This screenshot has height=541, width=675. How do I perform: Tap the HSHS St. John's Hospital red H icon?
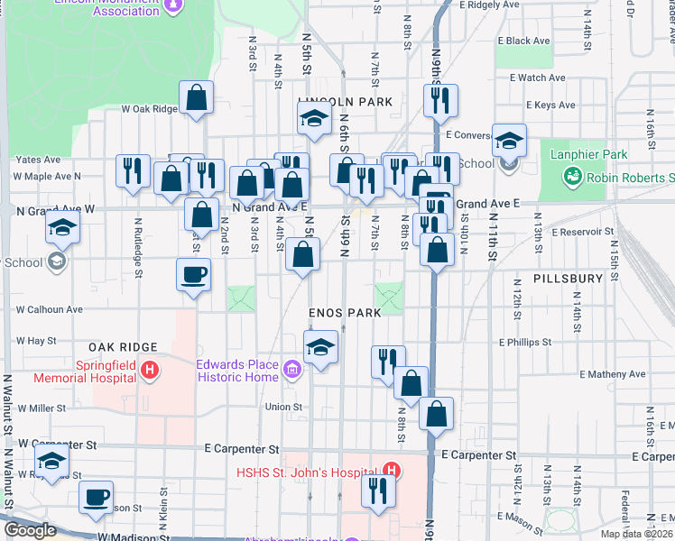(x=391, y=471)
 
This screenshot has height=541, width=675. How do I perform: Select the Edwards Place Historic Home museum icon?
(x=291, y=369)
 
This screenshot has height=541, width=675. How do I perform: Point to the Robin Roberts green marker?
(x=571, y=179)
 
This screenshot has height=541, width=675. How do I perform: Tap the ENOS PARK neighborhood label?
(x=345, y=311)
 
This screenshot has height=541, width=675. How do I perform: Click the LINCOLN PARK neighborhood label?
(x=346, y=102)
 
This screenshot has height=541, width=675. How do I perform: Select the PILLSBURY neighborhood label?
(x=567, y=279)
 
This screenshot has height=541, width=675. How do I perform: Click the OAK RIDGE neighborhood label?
(x=123, y=347)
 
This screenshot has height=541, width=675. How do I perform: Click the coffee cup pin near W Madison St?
(x=97, y=497)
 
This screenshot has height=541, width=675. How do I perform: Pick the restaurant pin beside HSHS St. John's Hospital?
(x=378, y=491)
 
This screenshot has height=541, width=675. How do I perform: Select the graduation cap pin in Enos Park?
(x=320, y=348)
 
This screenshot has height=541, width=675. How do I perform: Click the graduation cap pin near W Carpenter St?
(x=52, y=462)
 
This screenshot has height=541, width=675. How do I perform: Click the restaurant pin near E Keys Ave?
(x=440, y=101)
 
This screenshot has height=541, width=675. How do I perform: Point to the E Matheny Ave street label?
(x=613, y=373)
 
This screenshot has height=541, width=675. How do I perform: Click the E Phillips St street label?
(x=524, y=343)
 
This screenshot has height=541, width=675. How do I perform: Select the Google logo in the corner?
(x=30, y=530)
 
